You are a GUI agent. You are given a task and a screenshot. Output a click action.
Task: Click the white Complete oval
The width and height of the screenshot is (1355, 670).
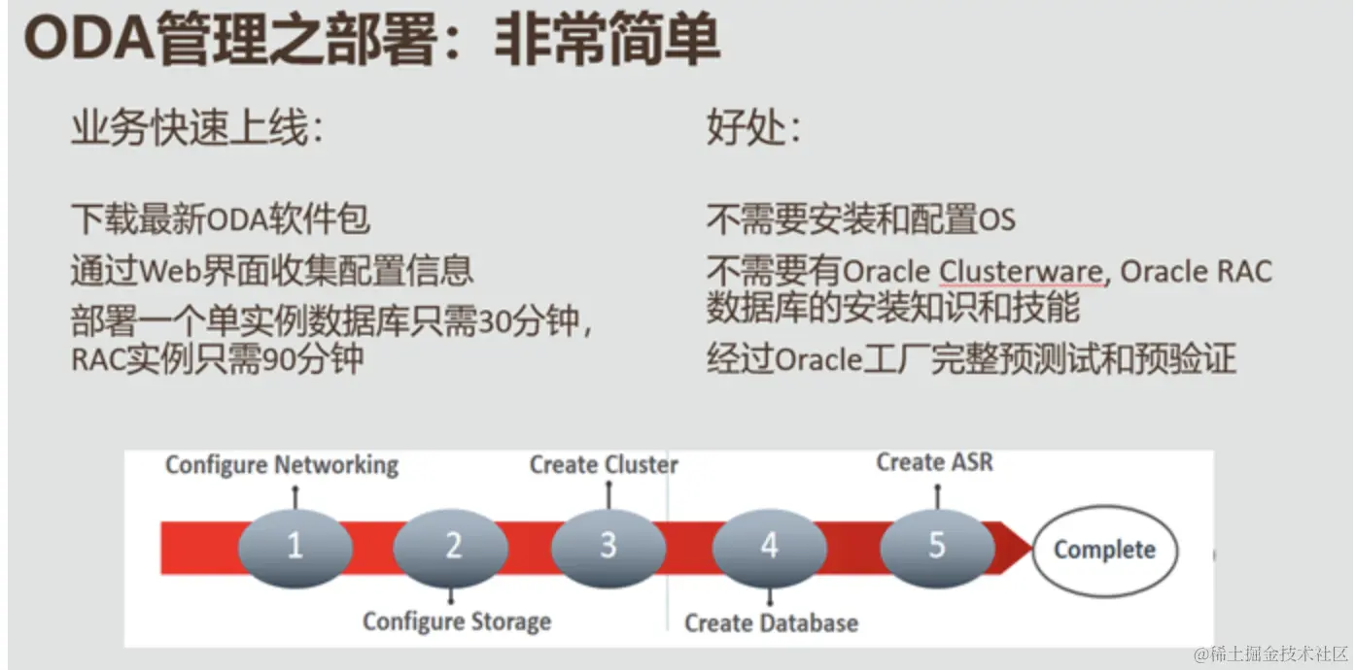(x=1104, y=551)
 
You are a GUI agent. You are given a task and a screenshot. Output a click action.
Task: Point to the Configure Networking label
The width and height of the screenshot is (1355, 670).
(x=282, y=465)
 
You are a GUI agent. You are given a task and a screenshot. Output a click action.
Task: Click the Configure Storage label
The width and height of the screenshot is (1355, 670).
(x=457, y=621)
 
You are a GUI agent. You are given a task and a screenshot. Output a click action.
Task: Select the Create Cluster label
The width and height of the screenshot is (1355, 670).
(x=604, y=465)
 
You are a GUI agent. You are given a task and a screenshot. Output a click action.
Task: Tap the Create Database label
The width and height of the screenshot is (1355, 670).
(x=771, y=622)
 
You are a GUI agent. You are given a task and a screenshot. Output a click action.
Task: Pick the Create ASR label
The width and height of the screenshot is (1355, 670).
(x=935, y=462)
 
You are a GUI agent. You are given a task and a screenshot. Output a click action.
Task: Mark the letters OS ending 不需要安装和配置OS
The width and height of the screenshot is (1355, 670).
(x=996, y=220)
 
